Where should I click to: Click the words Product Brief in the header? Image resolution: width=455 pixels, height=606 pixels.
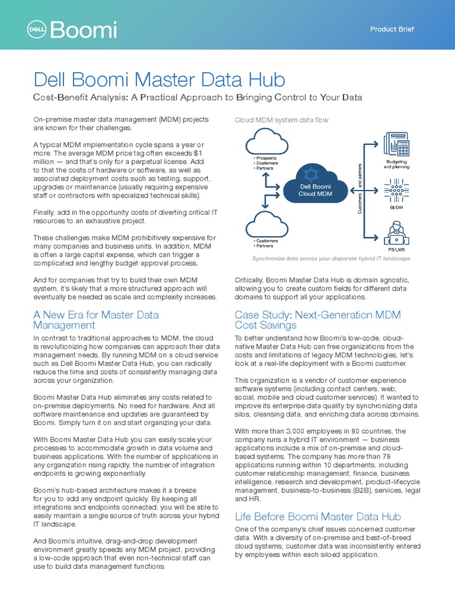pyautogui.click(x=392, y=29)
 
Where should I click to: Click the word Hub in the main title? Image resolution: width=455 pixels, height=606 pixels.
pyautogui.click(x=264, y=80)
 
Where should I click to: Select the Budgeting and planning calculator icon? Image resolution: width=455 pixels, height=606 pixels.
pyautogui.click(x=396, y=145)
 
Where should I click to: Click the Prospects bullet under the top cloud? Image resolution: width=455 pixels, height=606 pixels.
pyautogui.click(x=266, y=158)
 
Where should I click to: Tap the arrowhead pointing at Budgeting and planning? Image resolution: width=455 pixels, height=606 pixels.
pyautogui.click(x=376, y=143)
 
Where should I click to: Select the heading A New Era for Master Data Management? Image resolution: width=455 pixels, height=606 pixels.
pyautogui.click(x=96, y=320)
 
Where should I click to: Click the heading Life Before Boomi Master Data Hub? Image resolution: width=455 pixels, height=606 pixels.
pyautogui.click(x=318, y=517)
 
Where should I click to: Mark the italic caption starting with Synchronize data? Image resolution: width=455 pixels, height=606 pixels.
pyautogui.click(x=331, y=259)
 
